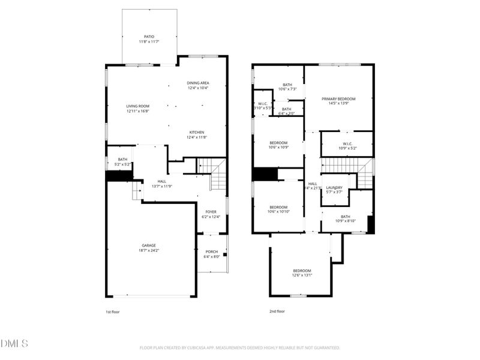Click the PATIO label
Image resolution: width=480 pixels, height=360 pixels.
148,36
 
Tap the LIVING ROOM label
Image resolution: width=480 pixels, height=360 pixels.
137,106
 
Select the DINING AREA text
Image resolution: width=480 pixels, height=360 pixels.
197,83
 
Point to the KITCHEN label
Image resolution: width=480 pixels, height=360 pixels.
197,132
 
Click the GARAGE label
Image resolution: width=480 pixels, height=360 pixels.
149,245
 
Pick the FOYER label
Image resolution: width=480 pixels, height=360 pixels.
211,212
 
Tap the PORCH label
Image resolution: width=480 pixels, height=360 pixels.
212,251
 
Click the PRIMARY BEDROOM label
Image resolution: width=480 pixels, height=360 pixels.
338,99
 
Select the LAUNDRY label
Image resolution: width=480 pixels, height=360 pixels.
334,187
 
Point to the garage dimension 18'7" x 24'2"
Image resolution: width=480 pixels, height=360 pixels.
149,250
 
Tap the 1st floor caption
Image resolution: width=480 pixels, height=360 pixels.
112,312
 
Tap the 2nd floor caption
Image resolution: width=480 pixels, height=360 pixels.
277,311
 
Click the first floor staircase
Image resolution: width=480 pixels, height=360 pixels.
216,174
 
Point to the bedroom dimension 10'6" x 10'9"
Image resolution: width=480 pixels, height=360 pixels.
278,147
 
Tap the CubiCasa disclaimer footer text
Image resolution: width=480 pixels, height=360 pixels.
240,347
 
